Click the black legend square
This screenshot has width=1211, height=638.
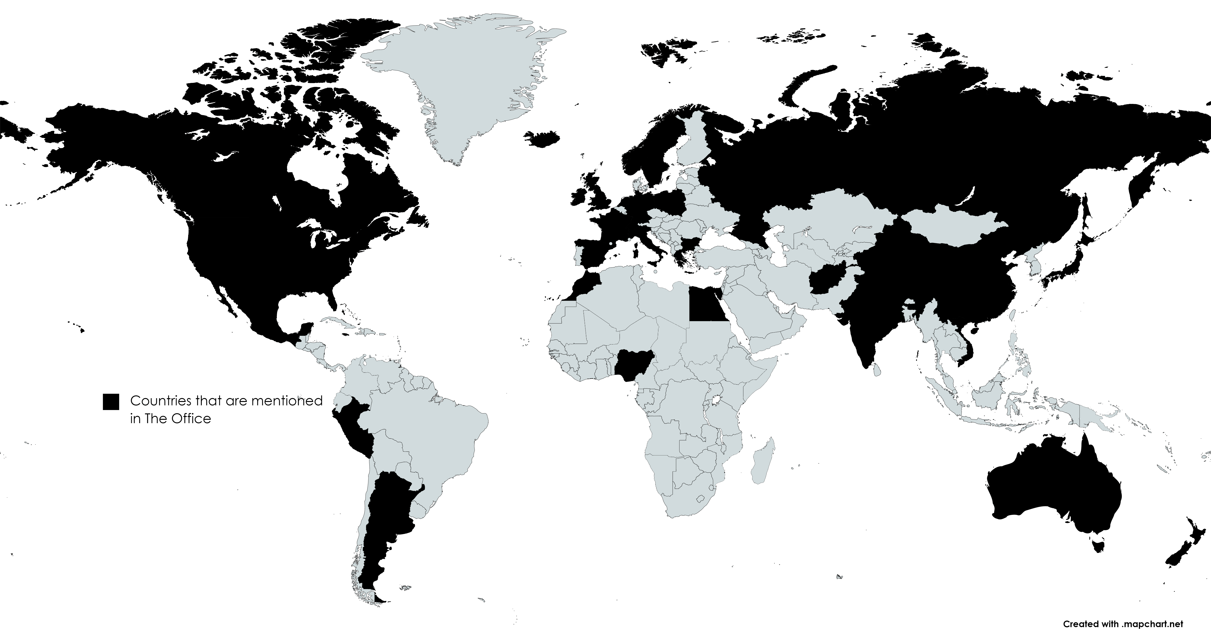tap(111, 402)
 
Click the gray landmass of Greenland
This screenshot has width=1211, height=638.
tap(465, 80)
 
